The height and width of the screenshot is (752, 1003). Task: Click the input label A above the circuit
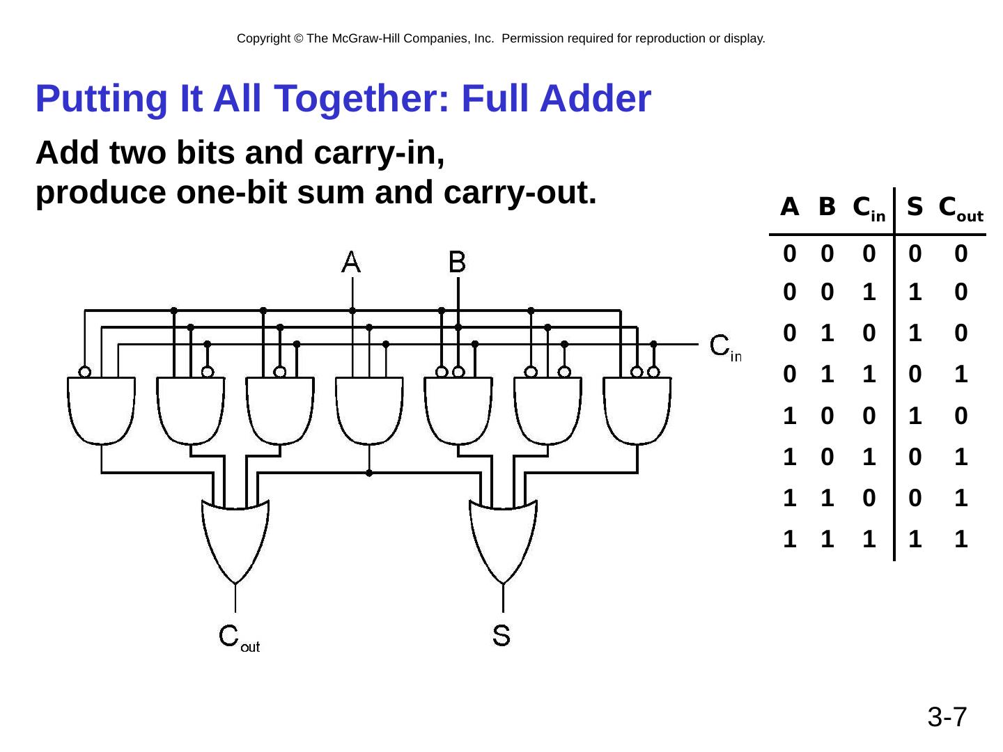click(352, 263)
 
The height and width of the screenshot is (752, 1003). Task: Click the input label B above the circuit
click(458, 263)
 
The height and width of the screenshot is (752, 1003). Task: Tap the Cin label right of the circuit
click(725, 347)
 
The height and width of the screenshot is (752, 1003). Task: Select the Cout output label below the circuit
click(239, 637)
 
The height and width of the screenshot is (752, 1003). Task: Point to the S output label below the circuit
click(501, 635)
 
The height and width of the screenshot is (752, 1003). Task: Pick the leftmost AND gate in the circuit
click(102, 410)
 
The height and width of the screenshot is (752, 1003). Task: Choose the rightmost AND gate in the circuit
click(637, 410)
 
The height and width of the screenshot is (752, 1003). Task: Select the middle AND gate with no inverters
click(369, 410)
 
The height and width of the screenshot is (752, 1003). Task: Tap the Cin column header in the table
click(869, 208)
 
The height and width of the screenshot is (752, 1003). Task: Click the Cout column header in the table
click(961, 208)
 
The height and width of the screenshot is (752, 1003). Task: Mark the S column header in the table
click(915, 207)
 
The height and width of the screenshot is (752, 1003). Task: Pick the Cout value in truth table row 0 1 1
click(961, 375)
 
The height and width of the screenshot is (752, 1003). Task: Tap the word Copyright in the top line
click(263, 39)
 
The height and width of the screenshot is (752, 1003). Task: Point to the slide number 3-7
click(947, 716)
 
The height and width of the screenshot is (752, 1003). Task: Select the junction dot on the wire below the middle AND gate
click(369, 473)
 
